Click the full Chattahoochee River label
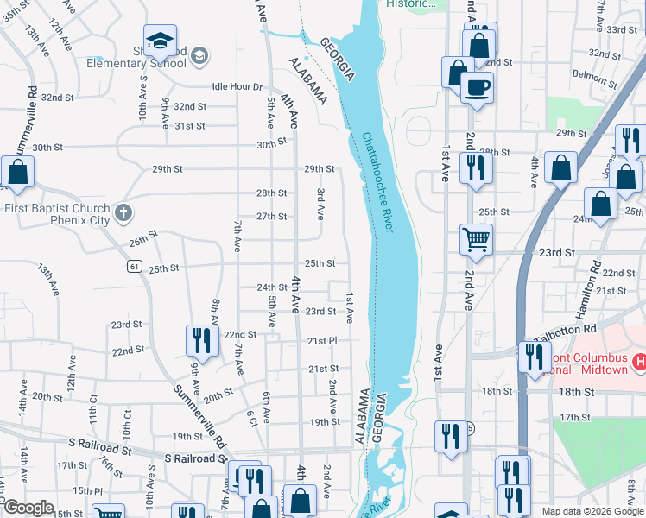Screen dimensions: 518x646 tap(378, 182)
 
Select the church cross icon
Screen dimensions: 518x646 tap(123, 211)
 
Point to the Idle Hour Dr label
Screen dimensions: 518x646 tap(237, 87)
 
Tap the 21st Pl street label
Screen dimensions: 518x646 tap(321, 342)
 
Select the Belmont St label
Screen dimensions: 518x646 tap(603, 77)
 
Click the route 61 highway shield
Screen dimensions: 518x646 tap(134, 267)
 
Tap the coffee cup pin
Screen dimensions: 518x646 tap(477, 88)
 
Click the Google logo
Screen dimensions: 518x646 tap(28, 508)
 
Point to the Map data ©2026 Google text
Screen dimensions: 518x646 tap(592, 511)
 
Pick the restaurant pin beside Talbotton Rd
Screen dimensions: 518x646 tap(535, 356)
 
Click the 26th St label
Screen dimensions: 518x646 tap(143, 237)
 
